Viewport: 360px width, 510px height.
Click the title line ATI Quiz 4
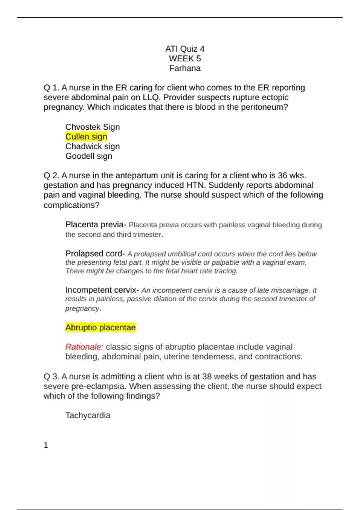(185, 49)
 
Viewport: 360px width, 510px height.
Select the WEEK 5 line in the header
(185, 58)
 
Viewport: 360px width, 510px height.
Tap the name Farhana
(185, 68)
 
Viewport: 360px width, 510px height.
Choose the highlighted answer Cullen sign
(86, 137)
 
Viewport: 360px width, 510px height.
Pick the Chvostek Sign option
(92, 127)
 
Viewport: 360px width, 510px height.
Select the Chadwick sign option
(92, 146)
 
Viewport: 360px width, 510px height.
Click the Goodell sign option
(89, 156)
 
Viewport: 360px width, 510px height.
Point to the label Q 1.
(51, 88)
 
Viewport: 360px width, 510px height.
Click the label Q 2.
(51, 175)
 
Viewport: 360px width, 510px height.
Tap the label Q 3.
(51, 376)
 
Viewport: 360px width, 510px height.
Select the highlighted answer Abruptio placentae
(100, 327)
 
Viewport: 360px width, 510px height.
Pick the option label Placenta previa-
(96, 225)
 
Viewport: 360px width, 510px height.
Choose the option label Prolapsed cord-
(95, 254)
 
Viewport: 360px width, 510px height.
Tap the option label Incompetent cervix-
(102, 290)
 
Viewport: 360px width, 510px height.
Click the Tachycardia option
(88, 415)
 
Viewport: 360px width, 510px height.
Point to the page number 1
(46, 445)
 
